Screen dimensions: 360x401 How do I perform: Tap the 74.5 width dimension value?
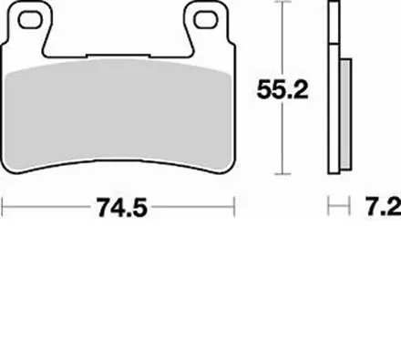118,209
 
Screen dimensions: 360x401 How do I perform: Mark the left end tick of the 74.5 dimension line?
4,209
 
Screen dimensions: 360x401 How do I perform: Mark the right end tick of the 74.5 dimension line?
235,209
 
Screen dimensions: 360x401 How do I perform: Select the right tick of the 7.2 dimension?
350,209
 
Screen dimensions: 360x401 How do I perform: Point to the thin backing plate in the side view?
334,91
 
